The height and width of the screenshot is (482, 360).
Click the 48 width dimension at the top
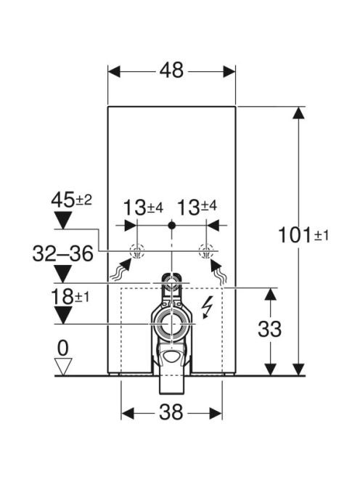tap(171, 70)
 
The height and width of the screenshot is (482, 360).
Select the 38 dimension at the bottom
tap(171, 412)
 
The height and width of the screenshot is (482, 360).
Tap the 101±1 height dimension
tap(303, 235)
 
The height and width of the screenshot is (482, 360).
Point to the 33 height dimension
tap(269, 330)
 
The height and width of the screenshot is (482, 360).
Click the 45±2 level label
tap(71, 200)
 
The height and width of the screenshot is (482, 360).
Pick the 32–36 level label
tap(62, 253)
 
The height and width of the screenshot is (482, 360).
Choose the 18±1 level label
tap(70, 297)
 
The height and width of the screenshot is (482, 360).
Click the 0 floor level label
tap(63, 348)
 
